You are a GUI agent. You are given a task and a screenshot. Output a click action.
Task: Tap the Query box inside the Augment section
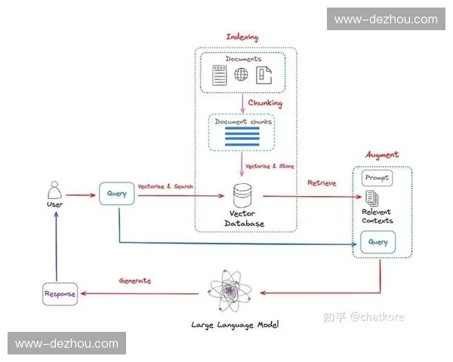click(378, 242)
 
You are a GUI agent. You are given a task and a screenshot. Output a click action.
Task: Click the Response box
click(59, 294)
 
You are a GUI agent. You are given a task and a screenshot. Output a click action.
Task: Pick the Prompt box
click(377, 178)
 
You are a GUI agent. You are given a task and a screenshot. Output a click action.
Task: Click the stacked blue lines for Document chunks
click(242, 136)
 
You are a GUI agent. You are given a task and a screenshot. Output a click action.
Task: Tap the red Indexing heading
click(242, 37)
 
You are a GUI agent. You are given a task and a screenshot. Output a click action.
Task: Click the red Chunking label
click(265, 103)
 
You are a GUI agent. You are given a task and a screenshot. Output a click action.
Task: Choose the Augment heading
click(382, 155)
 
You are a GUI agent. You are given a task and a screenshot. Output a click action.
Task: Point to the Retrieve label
click(321, 183)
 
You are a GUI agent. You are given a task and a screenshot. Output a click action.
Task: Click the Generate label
click(135, 281)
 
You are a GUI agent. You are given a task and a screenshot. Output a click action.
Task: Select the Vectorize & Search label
click(166, 186)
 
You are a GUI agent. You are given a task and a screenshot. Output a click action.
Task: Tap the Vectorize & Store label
click(272, 166)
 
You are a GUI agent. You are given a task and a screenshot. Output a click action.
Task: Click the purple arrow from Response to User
click(54, 245)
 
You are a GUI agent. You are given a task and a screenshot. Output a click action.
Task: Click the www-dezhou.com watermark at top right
click(386, 19)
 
